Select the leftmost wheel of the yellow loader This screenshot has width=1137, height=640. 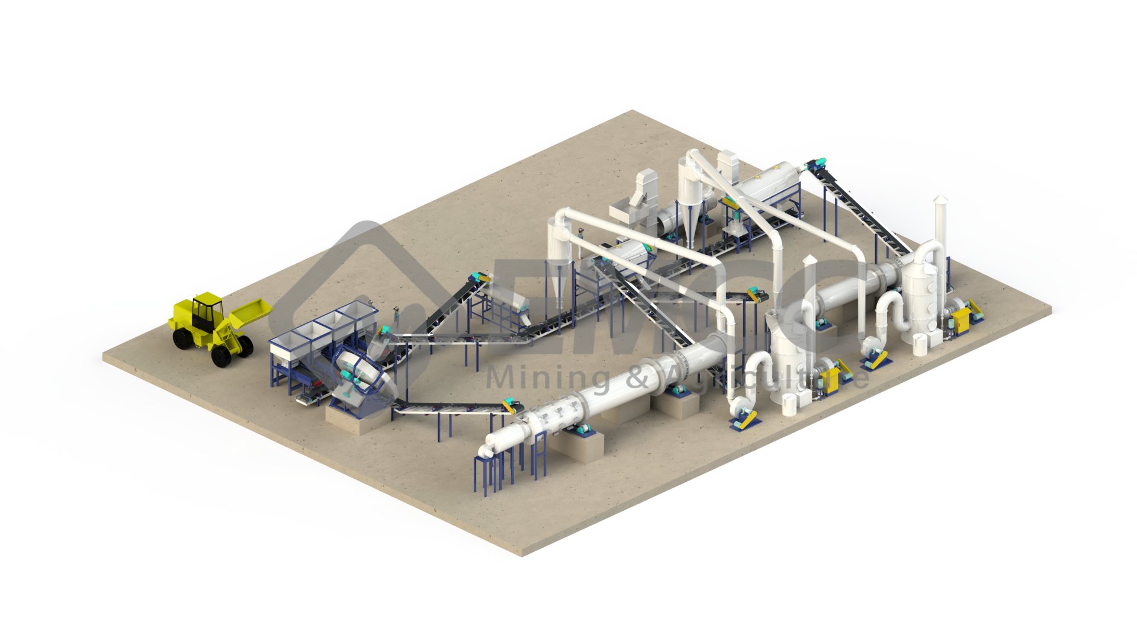[x=179, y=339]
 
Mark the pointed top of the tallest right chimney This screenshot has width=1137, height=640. [x=940, y=200]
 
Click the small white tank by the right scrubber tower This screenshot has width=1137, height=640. [x=919, y=344]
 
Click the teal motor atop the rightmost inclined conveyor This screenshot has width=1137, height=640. [x=817, y=162]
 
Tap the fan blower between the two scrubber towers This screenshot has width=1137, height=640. [x=873, y=353]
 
